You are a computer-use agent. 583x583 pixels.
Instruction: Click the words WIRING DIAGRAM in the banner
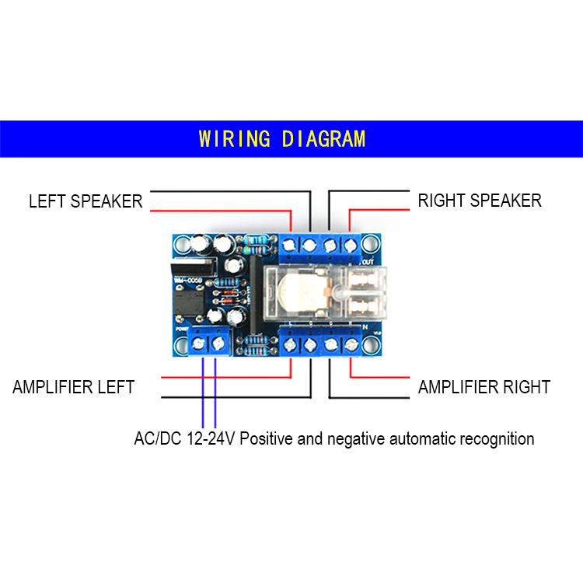click(x=281, y=139)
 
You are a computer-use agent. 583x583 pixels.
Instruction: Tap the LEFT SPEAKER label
click(x=86, y=201)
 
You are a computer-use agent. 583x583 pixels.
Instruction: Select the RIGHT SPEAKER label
click(x=480, y=201)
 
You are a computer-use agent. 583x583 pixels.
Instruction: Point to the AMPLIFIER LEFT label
click(x=74, y=387)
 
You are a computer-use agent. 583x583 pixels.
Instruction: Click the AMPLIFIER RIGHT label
click(x=484, y=387)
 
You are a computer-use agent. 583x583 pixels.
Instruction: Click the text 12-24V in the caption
click(x=211, y=439)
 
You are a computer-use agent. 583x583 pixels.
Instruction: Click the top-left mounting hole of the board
click(x=181, y=246)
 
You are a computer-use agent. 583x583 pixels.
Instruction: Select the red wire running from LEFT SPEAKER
click(x=218, y=210)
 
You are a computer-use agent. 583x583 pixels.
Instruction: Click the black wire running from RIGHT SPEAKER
click(x=365, y=191)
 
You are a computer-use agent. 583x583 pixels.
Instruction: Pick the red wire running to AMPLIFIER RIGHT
click(x=381, y=377)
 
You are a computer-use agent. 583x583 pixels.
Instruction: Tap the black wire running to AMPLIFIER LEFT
click(x=233, y=397)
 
